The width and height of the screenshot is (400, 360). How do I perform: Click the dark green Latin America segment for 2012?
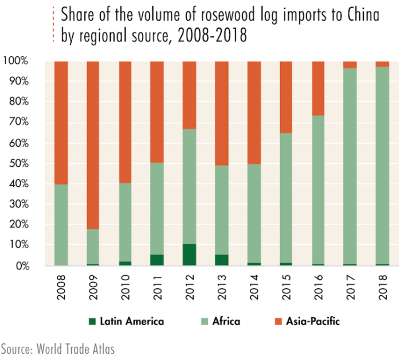point(189,255)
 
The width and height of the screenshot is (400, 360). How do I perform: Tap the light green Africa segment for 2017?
point(350,166)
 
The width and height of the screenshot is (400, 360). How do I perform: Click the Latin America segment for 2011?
point(157,260)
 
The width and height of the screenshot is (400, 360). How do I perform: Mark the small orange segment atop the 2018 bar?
point(382,64)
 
